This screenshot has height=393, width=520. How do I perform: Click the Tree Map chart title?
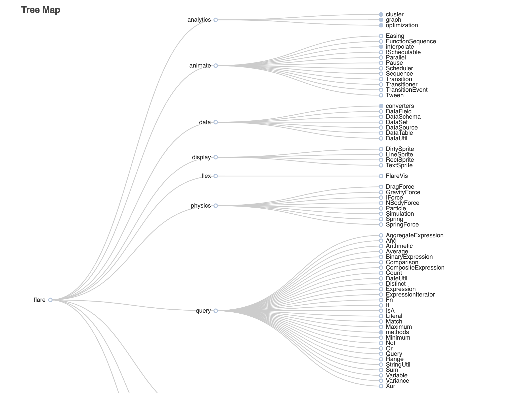(41, 10)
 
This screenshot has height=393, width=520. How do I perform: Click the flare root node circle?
(50, 300)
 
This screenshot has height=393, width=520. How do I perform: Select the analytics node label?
(199, 20)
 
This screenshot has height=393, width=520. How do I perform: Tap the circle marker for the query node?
(216, 311)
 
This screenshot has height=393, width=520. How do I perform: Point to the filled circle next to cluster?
(381, 15)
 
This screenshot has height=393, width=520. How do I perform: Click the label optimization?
(402, 25)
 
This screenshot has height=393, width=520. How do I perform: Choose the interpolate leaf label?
(400, 47)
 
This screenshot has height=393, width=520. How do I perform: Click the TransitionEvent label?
(406, 90)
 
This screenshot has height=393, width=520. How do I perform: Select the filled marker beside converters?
(381, 106)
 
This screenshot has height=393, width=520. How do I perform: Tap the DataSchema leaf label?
(403, 117)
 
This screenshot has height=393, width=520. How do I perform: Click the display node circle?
(216, 157)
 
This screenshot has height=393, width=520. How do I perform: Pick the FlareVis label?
(397, 176)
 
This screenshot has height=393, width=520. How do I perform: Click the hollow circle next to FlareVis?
(381, 176)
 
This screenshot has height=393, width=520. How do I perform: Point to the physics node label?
(201, 206)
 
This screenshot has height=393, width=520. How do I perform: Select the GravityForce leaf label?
(403, 192)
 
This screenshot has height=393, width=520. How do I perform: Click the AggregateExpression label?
(415, 235)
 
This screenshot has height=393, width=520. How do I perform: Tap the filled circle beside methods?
(381, 332)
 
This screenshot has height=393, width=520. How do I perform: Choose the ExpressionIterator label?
(410, 294)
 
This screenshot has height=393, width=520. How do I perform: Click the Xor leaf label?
(390, 386)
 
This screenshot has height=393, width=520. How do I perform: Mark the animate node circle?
(216, 66)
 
